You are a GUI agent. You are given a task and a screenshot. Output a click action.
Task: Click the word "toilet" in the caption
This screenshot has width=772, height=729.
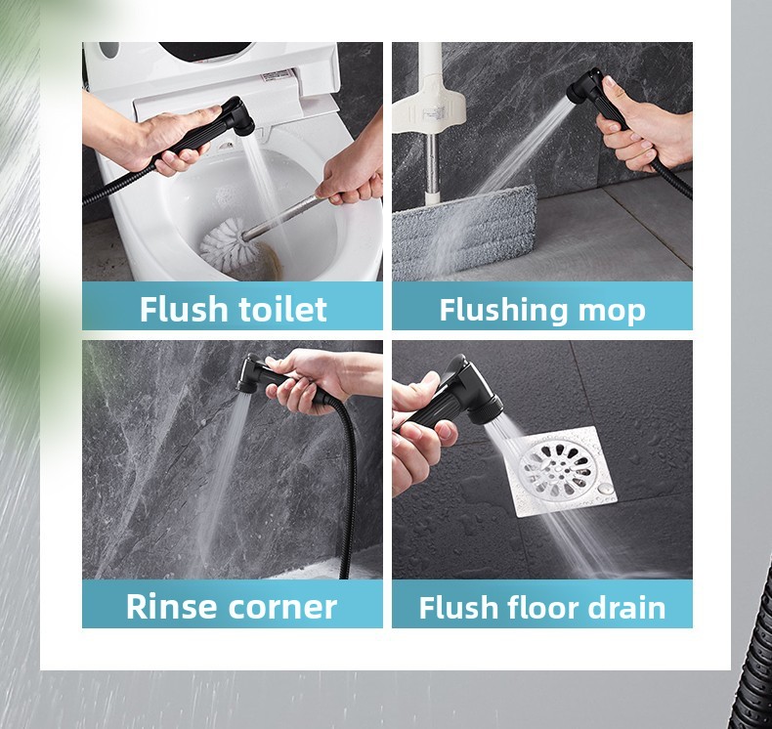pos(282,309)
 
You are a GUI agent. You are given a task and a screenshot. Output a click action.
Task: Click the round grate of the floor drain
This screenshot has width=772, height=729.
pos(555,468)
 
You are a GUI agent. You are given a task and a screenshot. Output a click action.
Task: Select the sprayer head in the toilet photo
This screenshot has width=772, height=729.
pos(237,116)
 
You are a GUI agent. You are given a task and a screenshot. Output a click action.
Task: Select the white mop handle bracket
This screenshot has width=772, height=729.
pos(428,105)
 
